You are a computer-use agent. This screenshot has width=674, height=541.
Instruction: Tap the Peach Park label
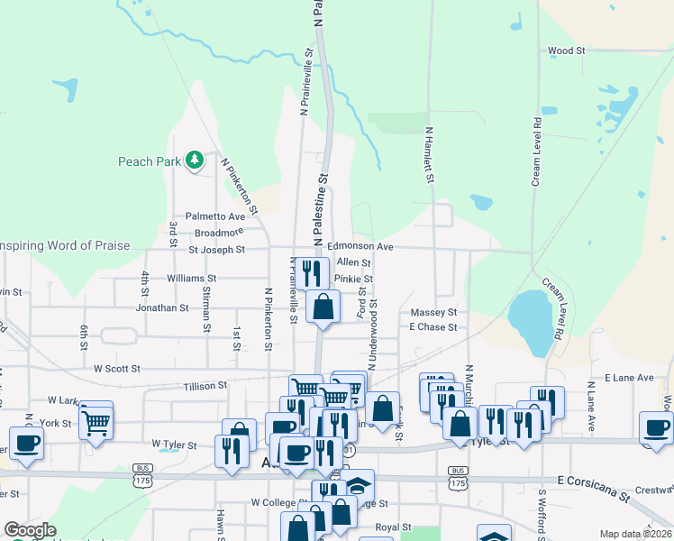pyautogui.click(x=149, y=162)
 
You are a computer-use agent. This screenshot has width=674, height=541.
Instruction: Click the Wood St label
pyautogui.click(x=566, y=51)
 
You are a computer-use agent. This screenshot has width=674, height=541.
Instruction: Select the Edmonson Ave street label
pyautogui.click(x=360, y=246)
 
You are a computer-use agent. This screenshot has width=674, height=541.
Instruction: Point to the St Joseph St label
pyautogui.click(x=216, y=250)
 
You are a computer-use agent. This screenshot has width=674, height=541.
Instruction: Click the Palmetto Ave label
pyautogui.click(x=215, y=216)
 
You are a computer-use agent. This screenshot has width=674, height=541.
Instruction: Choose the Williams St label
pyautogui.click(x=192, y=279)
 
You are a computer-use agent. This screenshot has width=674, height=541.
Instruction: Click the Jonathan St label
pyautogui.click(x=162, y=307)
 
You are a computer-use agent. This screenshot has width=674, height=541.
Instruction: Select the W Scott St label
pyautogui.click(x=117, y=369)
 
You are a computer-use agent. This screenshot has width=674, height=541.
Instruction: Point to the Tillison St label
pyautogui.click(x=205, y=386)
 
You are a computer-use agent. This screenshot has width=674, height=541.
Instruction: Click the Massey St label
pyautogui.click(x=434, y=312)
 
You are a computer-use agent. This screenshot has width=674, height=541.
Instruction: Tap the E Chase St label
pyautogui.click(x=433, y=326)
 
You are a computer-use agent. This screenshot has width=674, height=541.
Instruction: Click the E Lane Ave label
pyautogui.click(x=629, y=378)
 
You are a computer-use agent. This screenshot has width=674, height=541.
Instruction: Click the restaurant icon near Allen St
pyautogui.click(x=312, y=271)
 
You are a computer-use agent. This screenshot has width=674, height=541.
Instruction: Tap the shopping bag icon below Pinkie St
pyautogui.click(x=323, y=307)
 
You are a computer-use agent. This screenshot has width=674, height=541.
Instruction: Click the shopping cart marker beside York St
pyautogui.click(x=96, y=420)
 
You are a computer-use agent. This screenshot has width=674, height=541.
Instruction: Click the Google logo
pyautogui.click(x=30, y=531)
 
